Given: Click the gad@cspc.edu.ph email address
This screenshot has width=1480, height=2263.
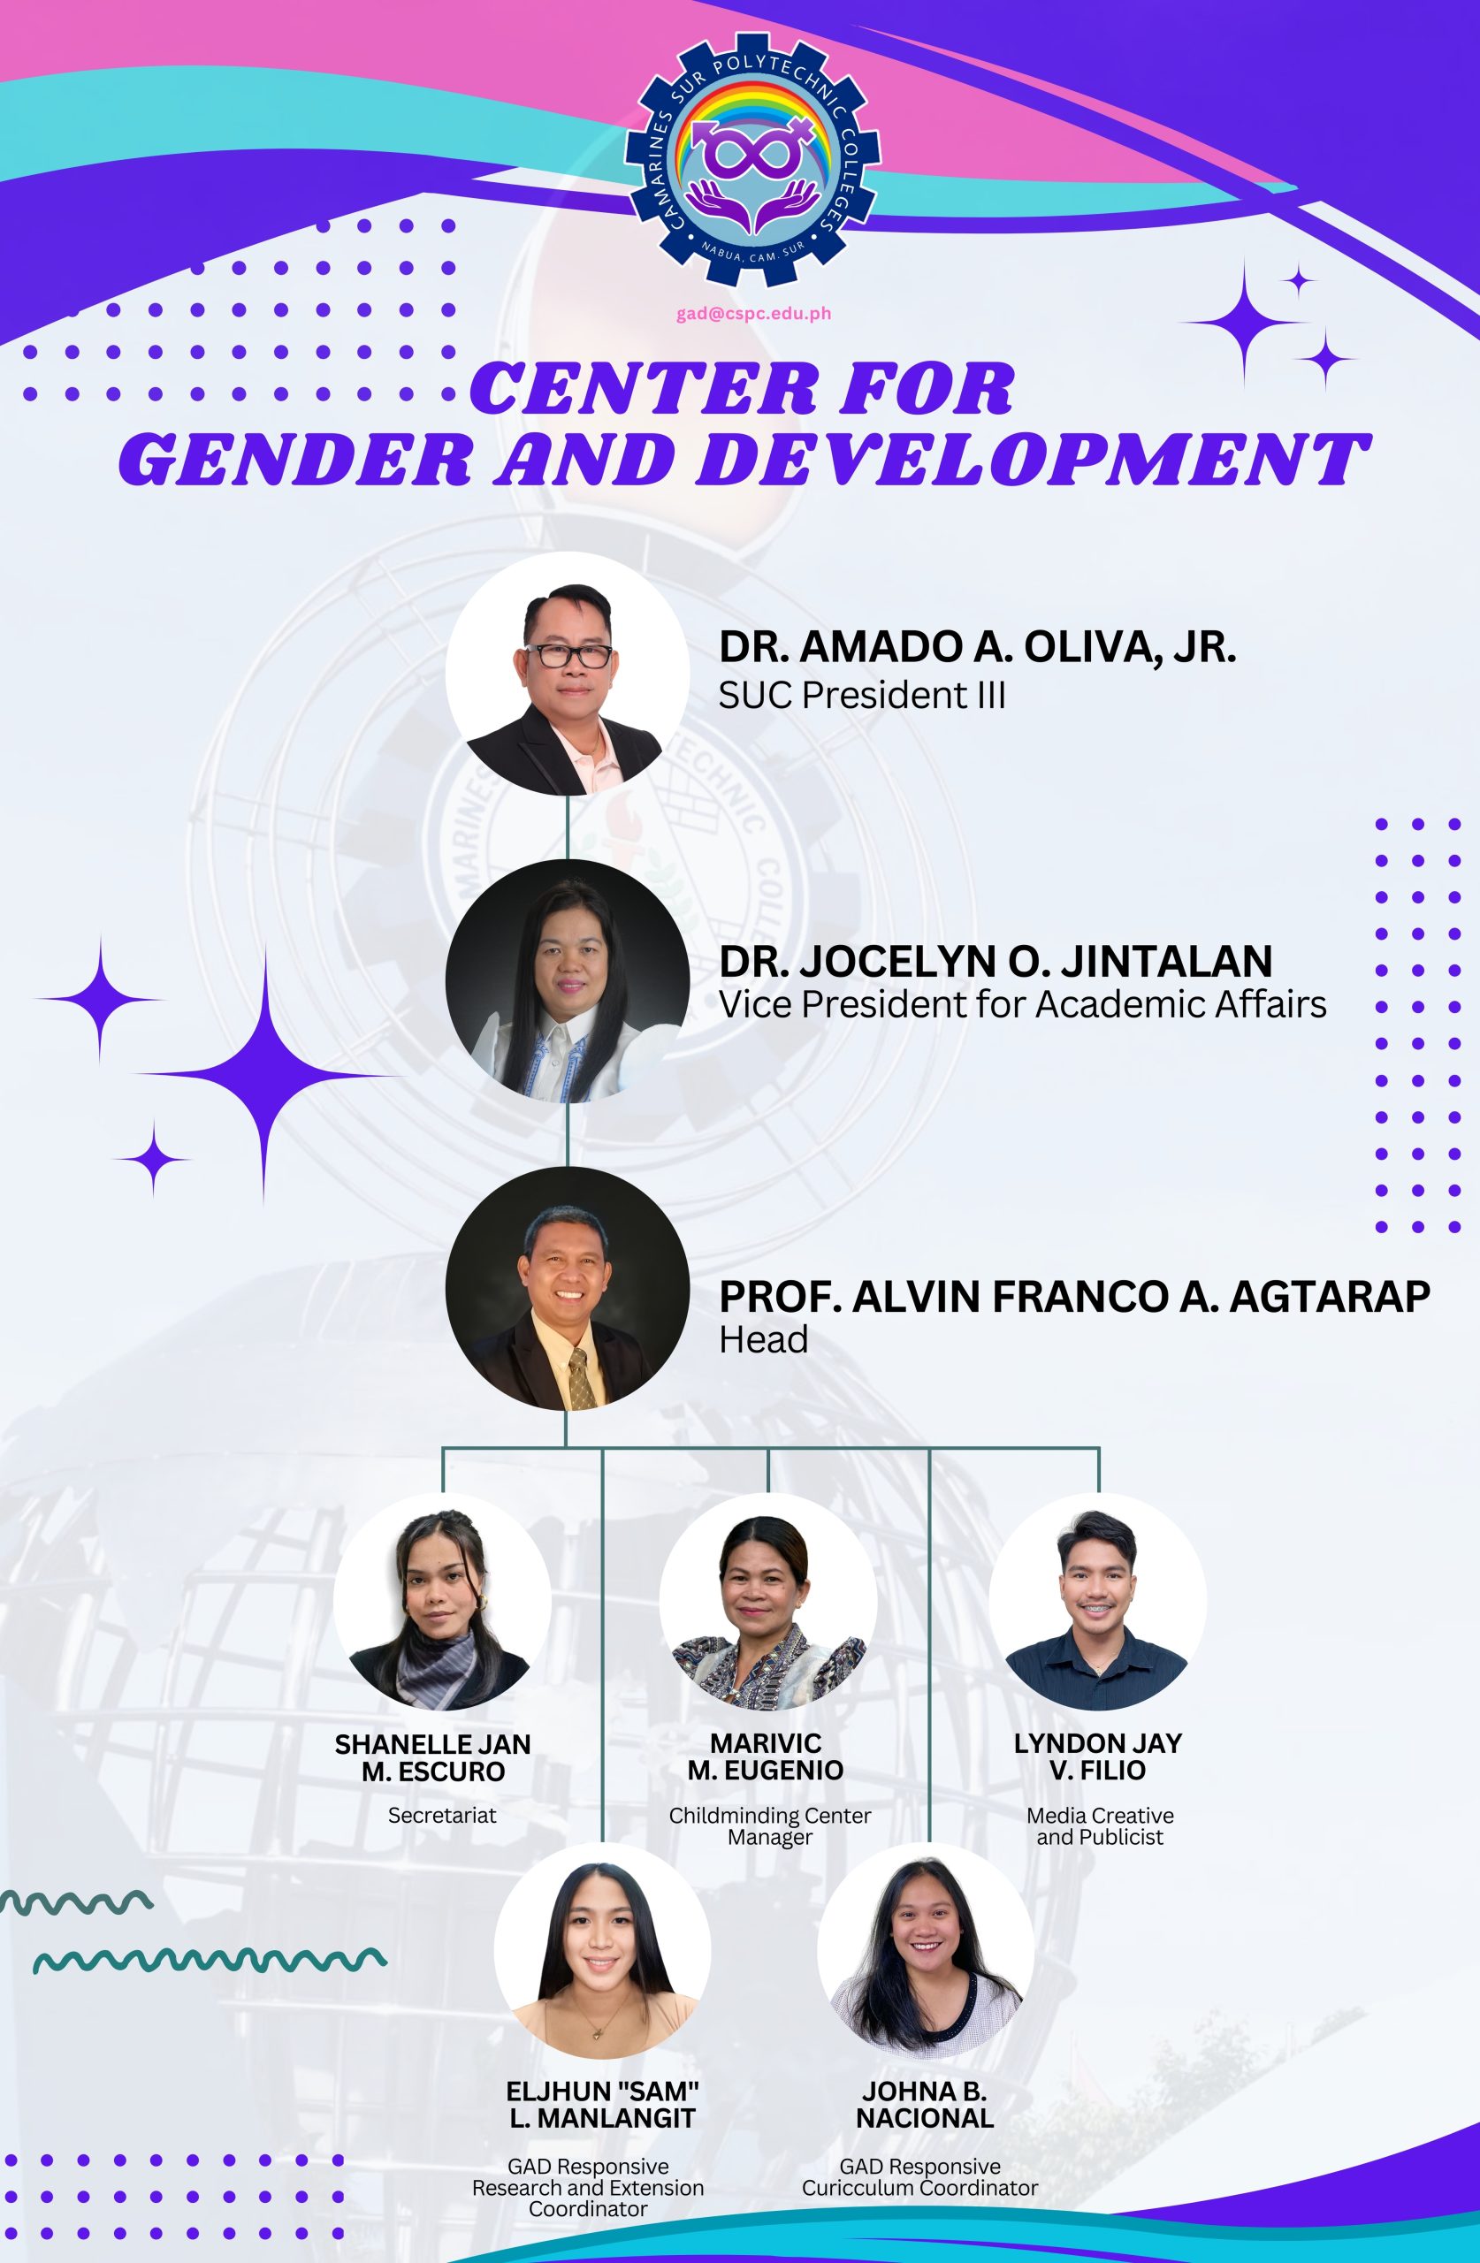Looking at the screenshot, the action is (x=753, y=314).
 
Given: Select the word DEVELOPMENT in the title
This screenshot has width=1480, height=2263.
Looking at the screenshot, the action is (x=1036, y=460).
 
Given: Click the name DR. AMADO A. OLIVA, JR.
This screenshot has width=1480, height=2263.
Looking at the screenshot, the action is (x=978, y=646).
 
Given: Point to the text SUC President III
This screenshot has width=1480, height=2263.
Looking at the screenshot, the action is (x=862, y=696).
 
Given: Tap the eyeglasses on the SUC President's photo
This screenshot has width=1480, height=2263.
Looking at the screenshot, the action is (x=568, y=655).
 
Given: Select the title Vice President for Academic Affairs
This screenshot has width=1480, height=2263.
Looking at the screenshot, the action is (x=1023, y=1005).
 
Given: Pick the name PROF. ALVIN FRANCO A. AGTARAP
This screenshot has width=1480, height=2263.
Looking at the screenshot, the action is (x=1075, y=1296).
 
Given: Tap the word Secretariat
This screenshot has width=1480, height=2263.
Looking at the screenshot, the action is (x=442, y=1815).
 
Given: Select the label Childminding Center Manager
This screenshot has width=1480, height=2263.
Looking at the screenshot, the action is (x=769, y=1825).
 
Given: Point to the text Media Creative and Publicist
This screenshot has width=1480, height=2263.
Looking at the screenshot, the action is (x=1101, y=1825).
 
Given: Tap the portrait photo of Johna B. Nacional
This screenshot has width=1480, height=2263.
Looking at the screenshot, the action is (x=926, y=1952).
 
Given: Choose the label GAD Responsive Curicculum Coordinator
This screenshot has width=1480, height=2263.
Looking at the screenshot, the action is (x=919, y=2176).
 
